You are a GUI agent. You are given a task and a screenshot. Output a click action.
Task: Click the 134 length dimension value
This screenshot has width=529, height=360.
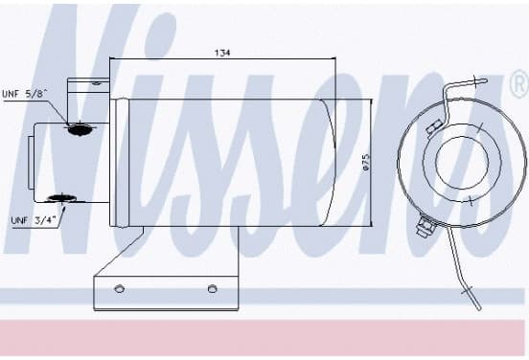pyautogui.click(x=222, y=53)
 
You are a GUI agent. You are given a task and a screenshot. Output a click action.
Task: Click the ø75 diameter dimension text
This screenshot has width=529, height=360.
pyautogui.click(x=366, y=162)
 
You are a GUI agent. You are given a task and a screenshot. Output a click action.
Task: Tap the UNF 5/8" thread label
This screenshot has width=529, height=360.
pyautogui.click(x=23, y=94)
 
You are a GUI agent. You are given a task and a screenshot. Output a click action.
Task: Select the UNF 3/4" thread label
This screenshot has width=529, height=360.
pyautogui.click(x=33, y=220)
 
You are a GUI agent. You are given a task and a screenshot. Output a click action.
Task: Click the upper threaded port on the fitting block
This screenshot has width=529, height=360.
pyautogui.click(x=80, y=129)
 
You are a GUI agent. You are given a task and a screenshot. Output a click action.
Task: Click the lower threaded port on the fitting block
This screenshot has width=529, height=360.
pyautogui.click(x=61, y=198)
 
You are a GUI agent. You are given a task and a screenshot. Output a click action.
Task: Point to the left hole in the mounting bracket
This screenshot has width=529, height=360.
pyautogui.click(x=119, y=288)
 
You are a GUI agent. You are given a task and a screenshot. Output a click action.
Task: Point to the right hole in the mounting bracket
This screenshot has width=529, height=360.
pyautogui.click(x=212, y=288)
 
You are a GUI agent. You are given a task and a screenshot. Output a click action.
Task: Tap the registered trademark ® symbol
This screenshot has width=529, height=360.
pyautogui.click(x=520, y=84)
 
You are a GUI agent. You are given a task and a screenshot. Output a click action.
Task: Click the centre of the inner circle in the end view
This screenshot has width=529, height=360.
pyautogui.click(x=462, y=163)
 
